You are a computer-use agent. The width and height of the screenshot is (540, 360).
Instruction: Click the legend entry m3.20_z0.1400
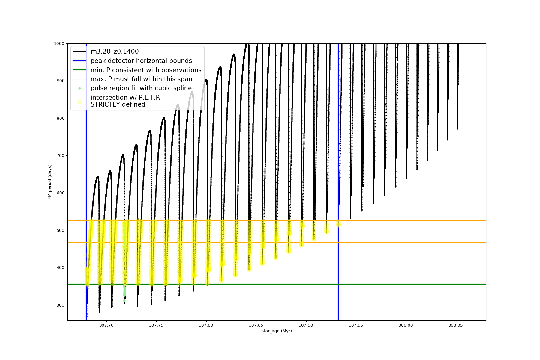click(115, 52)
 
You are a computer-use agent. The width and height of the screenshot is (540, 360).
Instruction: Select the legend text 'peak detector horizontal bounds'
click(141, 61)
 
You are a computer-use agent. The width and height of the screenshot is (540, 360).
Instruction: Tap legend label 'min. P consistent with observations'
click(146, 70)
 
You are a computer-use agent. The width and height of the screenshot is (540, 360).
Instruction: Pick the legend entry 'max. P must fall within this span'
click(141, 79)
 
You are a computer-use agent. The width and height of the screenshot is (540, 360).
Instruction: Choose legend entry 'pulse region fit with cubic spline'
click(141, 88)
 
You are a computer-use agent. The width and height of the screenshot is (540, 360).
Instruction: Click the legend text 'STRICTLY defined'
click(118, 104)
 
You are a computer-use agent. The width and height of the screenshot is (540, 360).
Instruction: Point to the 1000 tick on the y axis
click(59, 43)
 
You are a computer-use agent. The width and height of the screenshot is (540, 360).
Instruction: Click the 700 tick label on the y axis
click(60, 155)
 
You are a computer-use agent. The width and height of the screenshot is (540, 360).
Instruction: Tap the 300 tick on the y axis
click(60, 305)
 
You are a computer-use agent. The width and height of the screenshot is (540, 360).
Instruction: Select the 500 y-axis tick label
click(60, 230)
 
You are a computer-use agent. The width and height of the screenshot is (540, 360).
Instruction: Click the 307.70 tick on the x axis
click(106, 325)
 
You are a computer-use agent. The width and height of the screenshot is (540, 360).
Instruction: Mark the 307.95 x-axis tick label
click(356, 325)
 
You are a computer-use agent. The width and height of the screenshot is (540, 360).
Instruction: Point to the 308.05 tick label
click(456, 325)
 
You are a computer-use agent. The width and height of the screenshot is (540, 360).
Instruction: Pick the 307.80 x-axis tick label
click(206, 325)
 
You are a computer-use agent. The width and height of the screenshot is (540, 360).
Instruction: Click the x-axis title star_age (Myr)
click(277, 331)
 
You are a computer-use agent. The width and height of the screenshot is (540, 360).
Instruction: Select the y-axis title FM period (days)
click(50, 182)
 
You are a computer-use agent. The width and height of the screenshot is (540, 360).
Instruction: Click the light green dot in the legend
click(79, 88)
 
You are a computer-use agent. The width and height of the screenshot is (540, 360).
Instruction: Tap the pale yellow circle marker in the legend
click(79, 101)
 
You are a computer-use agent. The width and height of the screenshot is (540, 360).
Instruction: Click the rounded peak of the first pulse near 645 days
click(97, 176)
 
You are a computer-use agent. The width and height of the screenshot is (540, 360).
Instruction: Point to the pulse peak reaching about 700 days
click(123, 155)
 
